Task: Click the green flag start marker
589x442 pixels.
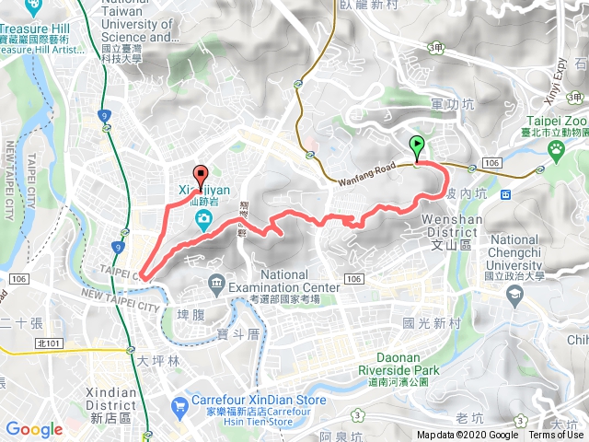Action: [x=417, y=145]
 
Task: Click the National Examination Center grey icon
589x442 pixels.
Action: [x=216, y=281]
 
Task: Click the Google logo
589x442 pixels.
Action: [x=34, y=429]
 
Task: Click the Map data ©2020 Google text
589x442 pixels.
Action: [x=467, y=436]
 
